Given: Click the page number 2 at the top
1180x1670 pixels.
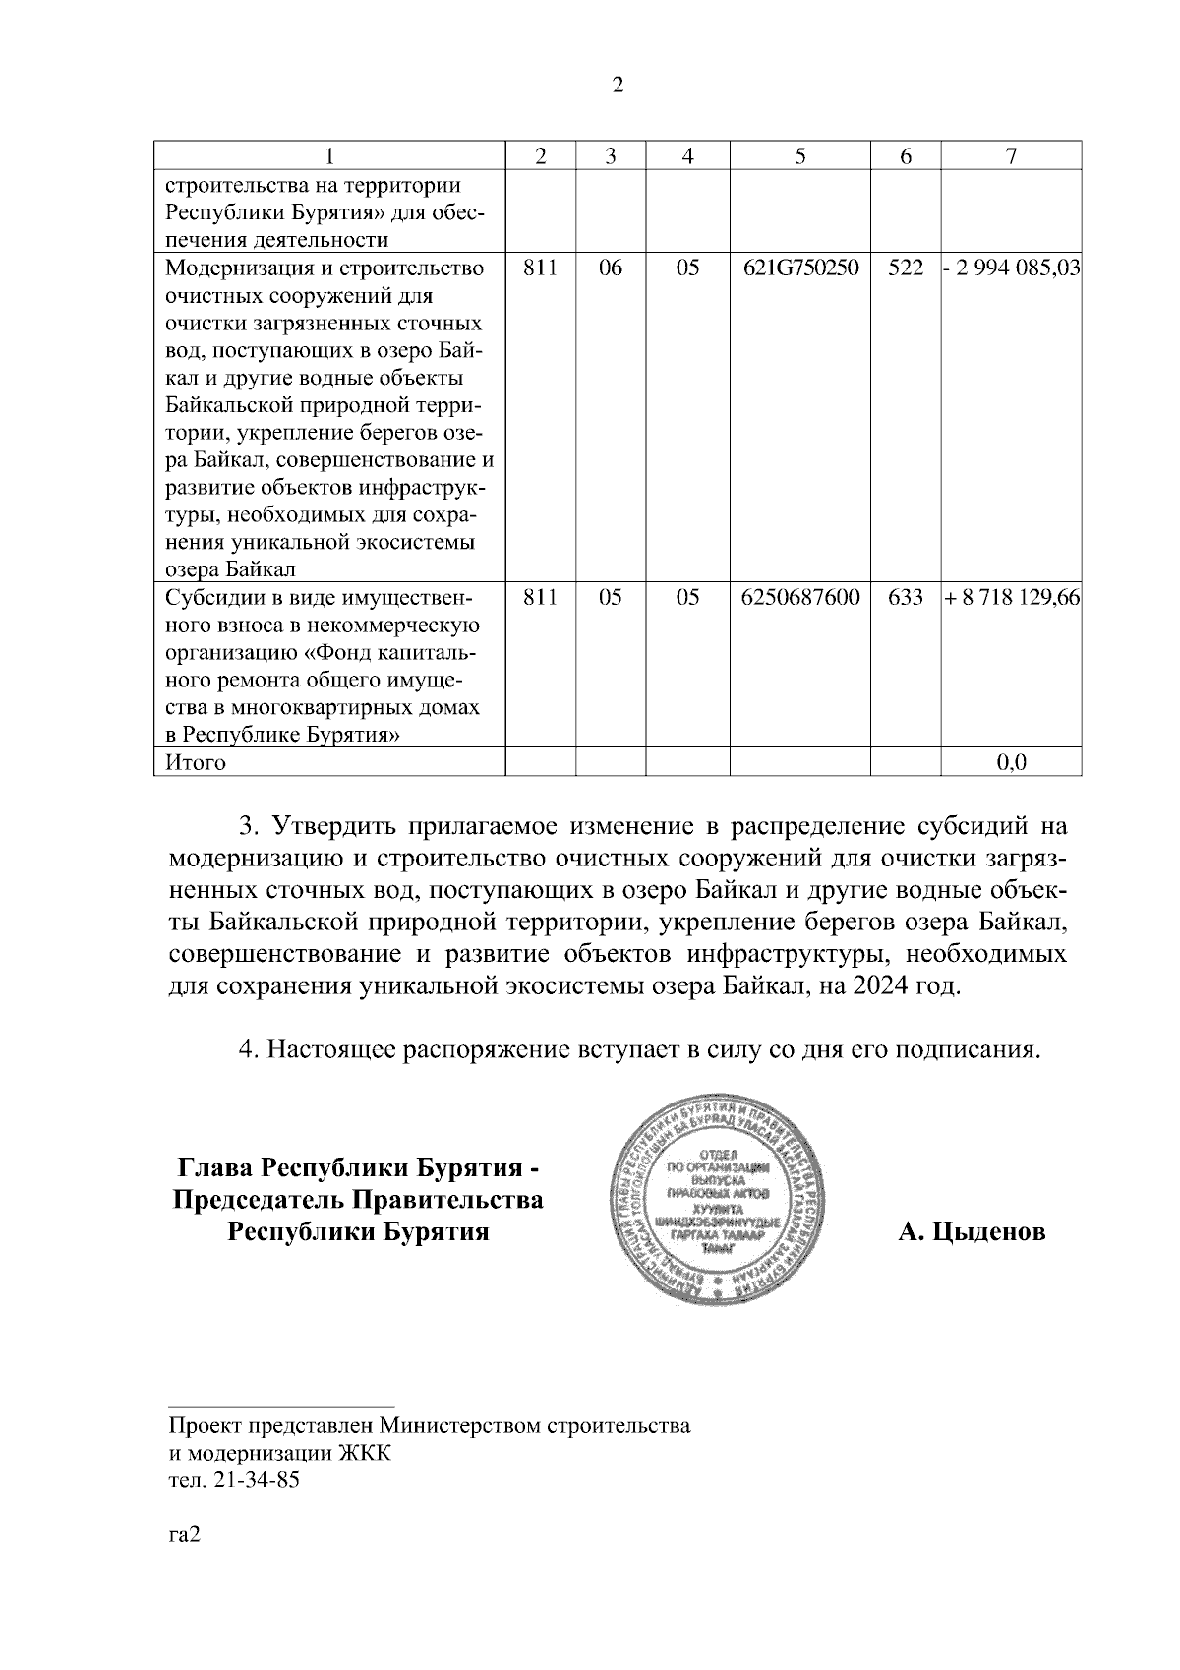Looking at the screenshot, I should click(618, 86).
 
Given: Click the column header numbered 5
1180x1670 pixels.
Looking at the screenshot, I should click(799, 156).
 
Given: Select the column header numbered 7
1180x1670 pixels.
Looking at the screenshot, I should click(1011, 156).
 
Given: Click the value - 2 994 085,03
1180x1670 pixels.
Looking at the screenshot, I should click(1012, 268).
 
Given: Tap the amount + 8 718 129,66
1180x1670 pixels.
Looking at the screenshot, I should click(1012, 598).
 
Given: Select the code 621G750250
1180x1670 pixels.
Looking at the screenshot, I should click(799, 268).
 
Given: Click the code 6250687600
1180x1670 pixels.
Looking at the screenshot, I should click(799, 598).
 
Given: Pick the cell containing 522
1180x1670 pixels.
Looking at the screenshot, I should click(905, 268).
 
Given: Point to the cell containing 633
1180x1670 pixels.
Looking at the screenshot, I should click(905, 598).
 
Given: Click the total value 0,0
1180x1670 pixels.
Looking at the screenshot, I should click(1012, 762).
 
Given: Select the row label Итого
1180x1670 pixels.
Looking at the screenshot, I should click(196, 762).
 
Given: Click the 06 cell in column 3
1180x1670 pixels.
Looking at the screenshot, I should click(610, 268).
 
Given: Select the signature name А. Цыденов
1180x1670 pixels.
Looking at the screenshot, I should click(972, 1231).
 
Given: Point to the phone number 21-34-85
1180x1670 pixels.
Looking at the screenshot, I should click(253, 1480).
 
